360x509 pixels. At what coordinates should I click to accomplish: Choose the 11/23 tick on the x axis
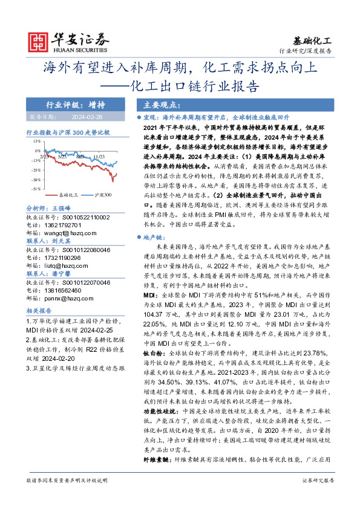coord(99,155)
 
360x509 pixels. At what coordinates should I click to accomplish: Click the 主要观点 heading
coord(155,103)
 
